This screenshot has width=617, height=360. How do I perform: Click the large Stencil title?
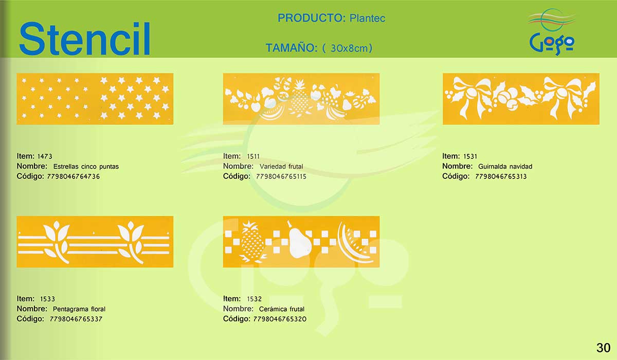[84, 39]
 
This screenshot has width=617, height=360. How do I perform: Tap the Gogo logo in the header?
[552, 32]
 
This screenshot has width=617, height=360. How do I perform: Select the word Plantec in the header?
[367, 18]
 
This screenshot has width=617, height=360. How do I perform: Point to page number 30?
[603, 348]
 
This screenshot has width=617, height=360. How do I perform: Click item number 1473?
[45, 156]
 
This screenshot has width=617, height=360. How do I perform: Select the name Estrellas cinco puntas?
[86, 166]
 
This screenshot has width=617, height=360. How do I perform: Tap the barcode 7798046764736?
[73, 176]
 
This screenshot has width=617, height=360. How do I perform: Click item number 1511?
[253, 156]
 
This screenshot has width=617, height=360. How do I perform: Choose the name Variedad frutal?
[281, 166]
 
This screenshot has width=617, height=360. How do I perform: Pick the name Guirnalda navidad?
[505, 166]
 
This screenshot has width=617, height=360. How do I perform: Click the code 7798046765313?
[501, 176]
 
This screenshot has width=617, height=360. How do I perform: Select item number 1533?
[47, 299]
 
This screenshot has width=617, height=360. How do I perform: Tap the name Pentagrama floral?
[79, 309]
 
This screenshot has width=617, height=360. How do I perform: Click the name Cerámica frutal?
[282, 309]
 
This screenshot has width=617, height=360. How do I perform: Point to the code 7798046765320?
[280, 319]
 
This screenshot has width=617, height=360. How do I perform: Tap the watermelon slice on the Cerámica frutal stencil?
[353, 243]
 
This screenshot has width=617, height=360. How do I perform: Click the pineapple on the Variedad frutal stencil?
[299, 98]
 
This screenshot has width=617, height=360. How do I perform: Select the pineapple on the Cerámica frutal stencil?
[252, 242]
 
